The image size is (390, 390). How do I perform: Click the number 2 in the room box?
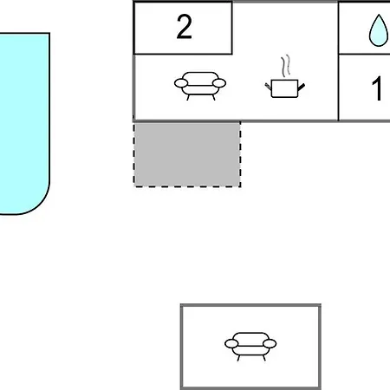coord(184,27)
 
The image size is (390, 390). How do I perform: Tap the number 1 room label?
coord(377,88)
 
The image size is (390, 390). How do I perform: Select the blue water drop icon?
coord(379,30)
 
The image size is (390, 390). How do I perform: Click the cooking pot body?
coord(284,88)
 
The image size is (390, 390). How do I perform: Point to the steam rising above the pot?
coord(286,66)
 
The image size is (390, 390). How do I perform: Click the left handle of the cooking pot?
coord(268,86)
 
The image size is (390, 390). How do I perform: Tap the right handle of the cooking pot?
coord(302,87)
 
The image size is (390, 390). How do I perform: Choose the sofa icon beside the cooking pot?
coord(200,86)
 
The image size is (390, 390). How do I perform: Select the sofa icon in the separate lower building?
coord(250,347)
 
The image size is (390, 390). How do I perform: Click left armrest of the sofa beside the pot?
coord(181,83)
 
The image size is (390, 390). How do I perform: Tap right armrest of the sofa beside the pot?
coord(219,83)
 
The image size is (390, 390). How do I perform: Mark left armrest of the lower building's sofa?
coord(231,344)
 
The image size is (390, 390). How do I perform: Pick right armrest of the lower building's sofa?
coord(270,344)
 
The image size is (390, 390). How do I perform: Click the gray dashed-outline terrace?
coord(187,154)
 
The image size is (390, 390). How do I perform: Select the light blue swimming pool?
coord(24,124)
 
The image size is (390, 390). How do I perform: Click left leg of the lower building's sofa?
coord(238,358)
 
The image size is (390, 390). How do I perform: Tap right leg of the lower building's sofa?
coord(263,358)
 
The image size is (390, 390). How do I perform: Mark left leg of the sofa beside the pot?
coord(188,98)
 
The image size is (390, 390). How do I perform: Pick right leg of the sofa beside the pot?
coord(213,98)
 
